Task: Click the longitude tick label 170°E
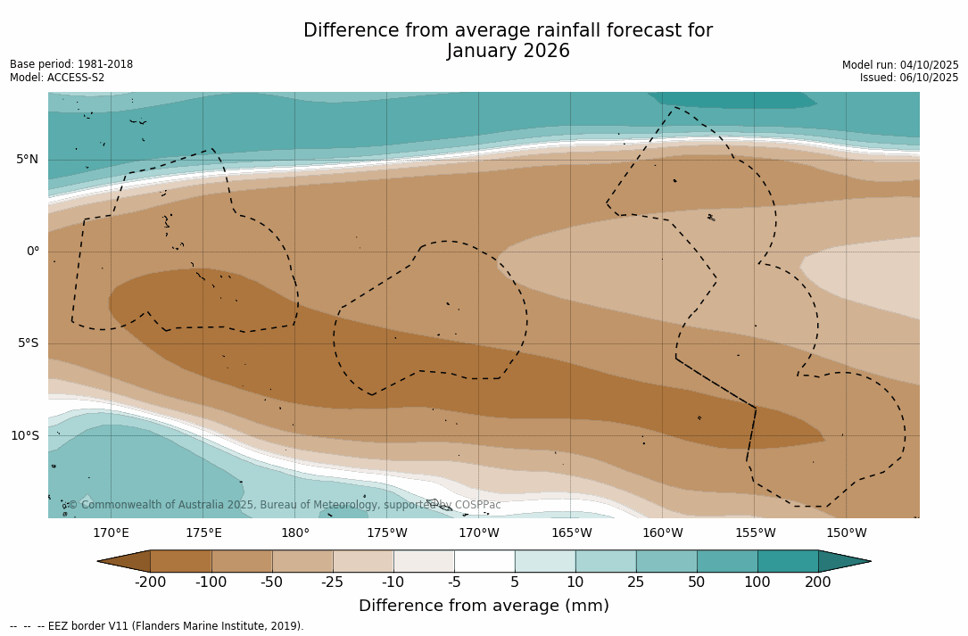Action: coord(111,533)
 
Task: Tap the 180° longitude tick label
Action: coord(295,533)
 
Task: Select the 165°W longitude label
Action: coord(571,533)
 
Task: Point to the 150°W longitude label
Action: coord(846,533)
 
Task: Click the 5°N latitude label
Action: coord(27,160)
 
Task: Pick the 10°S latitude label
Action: coord(24,436)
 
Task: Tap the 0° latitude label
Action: coord(32,252)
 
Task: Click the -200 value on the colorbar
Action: coord(151,582)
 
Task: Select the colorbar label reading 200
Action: coord(817,582)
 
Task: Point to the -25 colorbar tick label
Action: coord(333,582)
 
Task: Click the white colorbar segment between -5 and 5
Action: coord(484,561)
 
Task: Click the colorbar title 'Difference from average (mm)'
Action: coord(484,607)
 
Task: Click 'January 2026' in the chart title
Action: coord(508,52)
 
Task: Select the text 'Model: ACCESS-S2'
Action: coord(57,78)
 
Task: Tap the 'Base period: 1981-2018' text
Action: coord(71,64)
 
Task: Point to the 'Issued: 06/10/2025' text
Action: coord(908,78)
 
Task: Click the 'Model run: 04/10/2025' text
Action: coord(899,65)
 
